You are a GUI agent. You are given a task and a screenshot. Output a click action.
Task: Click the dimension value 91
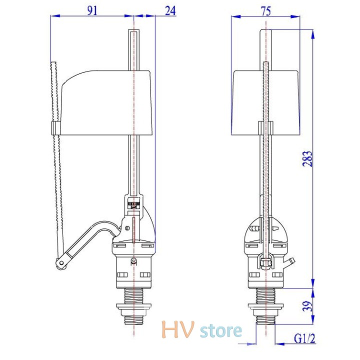click(92, 10)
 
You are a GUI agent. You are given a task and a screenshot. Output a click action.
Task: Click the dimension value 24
click(170, 10)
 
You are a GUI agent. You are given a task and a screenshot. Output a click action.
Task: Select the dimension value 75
click(266, 11)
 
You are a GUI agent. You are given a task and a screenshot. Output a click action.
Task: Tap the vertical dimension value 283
click(307, 158)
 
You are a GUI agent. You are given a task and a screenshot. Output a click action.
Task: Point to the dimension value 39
click(307, 306)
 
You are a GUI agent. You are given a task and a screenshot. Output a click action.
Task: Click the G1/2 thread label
click(304, 338)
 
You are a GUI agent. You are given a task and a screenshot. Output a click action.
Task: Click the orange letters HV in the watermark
click(178, 329)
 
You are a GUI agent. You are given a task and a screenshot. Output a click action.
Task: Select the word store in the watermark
click(221, 330)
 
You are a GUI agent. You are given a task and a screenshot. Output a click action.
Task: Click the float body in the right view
click(266, 102)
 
